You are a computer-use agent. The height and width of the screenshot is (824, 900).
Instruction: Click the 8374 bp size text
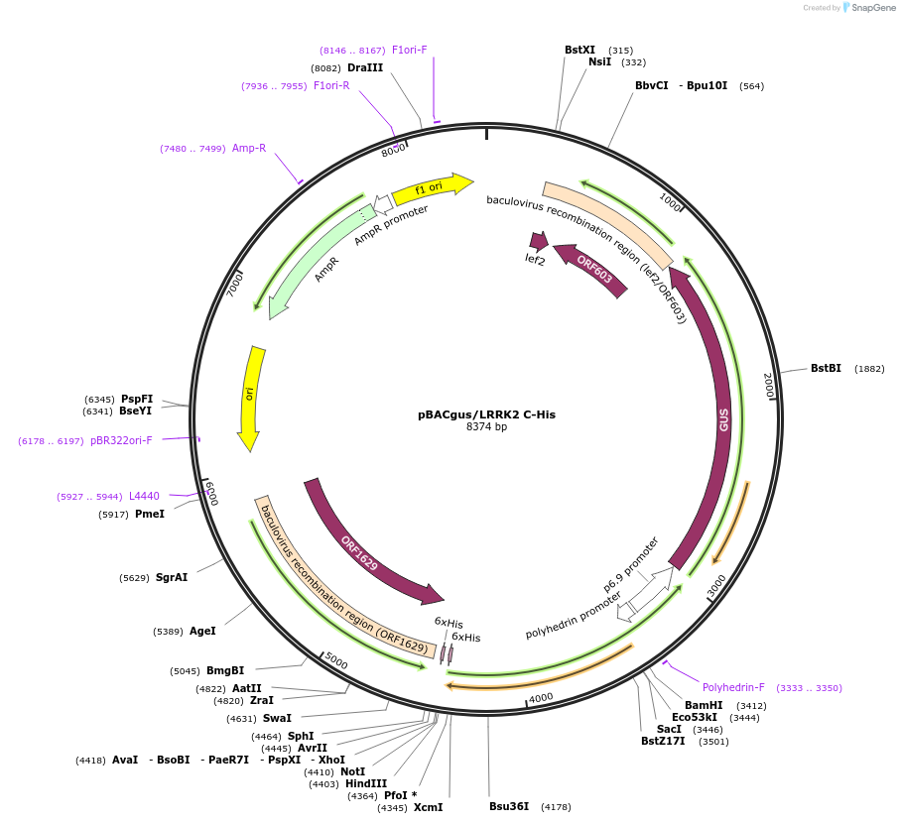(486, 427)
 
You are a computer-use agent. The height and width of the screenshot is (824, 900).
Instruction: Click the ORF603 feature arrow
(592, 271)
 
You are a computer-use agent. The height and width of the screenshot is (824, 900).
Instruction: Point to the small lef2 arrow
(539, 241)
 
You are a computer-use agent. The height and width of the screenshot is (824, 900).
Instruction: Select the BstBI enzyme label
(826, 368)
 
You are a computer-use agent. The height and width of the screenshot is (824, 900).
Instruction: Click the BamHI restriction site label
(704, 705)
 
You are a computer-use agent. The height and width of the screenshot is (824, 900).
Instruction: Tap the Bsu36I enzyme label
(509, 806)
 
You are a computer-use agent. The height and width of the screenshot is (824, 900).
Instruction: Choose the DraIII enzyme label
(365, 67)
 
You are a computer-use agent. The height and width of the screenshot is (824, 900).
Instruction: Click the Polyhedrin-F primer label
(733, 687)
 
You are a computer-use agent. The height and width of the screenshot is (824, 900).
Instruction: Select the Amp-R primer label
(249, 148)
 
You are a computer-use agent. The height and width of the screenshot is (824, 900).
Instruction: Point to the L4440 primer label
(144, 496)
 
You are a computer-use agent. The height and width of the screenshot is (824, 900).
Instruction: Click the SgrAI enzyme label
(172, 577)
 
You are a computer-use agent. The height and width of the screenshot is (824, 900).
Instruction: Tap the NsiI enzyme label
(599, 61)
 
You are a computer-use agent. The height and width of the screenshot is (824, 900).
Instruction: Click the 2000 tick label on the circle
(769, 386)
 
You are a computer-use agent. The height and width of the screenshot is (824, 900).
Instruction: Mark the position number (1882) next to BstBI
(869, 369)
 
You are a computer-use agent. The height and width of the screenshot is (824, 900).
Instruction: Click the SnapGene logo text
(870, 8)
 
